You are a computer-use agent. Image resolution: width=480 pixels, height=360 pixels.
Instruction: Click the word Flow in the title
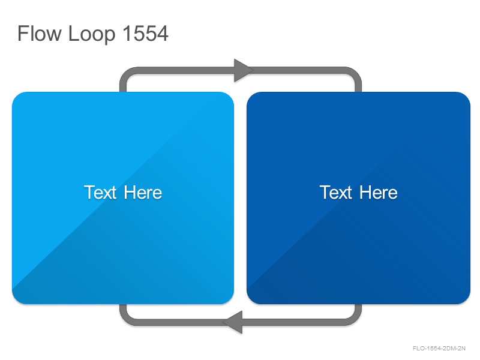pyautogui.click(x=40, y=33)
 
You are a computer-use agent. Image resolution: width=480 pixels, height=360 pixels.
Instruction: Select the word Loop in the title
pyautogui.click(x=92, y=35)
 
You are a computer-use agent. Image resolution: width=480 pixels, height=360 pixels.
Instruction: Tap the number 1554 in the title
pyautogui.click(x=145, y=33)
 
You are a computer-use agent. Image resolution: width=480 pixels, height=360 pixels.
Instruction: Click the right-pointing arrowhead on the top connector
pyautogui.click(x=244, y=70)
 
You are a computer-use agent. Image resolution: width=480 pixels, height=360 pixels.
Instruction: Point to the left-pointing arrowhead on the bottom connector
pyautogui.click(x=233, y=322)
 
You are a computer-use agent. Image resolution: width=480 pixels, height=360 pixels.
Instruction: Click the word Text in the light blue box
pyautogui.click(x=100, y=193)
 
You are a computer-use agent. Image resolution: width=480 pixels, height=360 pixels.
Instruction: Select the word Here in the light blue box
pyautogui.click(x=143, y=193)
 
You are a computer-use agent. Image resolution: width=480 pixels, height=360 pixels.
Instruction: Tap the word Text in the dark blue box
pyautogui.click(x=336, y=193)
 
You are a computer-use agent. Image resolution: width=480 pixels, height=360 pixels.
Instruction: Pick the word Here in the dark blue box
pyautogui.click(x=379, y=193)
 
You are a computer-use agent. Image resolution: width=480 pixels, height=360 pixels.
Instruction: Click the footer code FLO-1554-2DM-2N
pyautogui.click(x=439, y=349)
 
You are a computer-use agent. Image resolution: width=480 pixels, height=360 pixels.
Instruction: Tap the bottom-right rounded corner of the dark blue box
pyautogui.click(x=466, y=299)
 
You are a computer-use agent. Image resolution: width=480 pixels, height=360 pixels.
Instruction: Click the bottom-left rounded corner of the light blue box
pyautogui.click(x=17, y=299)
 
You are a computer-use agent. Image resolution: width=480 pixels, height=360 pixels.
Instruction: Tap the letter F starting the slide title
pyautogui.click(x=23, y=33)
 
